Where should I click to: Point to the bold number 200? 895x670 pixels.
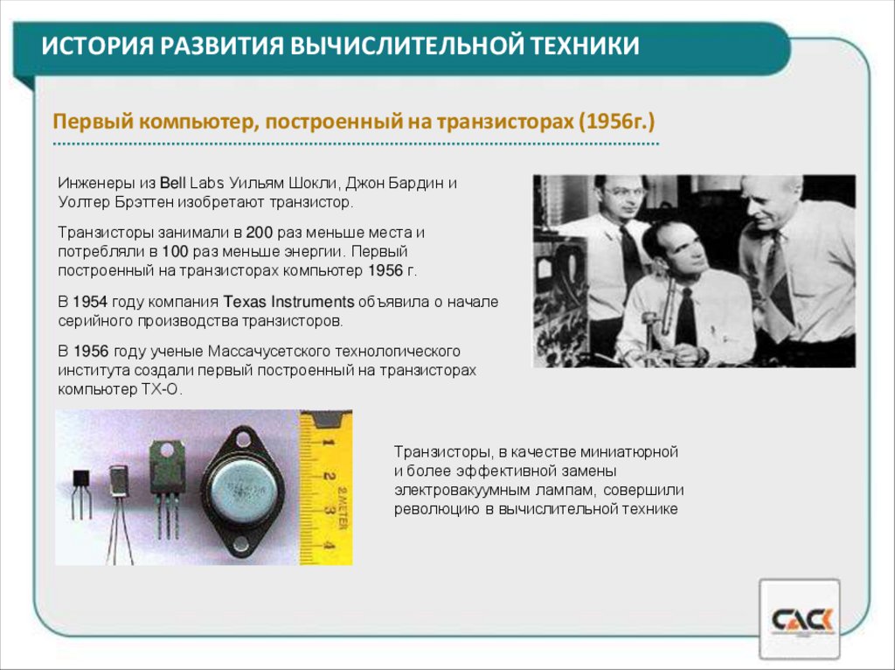coord(260,234)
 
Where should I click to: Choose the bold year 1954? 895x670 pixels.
coord(90,302)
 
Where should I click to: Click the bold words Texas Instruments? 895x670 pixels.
coord(288,302)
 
